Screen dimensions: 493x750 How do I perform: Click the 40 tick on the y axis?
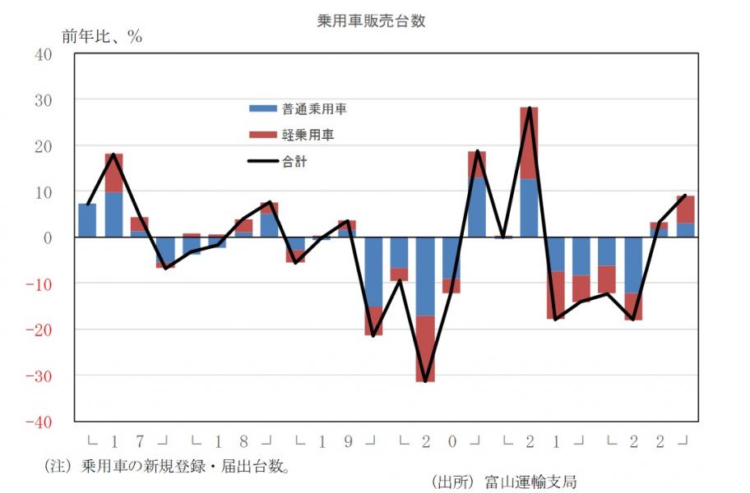[43, 54]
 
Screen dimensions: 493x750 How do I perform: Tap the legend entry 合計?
[294, 162]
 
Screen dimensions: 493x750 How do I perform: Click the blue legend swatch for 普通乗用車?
[262, 108]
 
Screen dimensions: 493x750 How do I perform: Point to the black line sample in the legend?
[262, 162]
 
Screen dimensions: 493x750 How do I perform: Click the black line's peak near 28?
[529, 108]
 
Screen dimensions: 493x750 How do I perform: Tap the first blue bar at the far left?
[87, 220]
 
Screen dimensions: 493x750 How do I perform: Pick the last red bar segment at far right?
[685, 210]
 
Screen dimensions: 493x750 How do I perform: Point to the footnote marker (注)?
[59, 466]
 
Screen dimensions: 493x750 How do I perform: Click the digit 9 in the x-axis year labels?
[348, 442]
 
